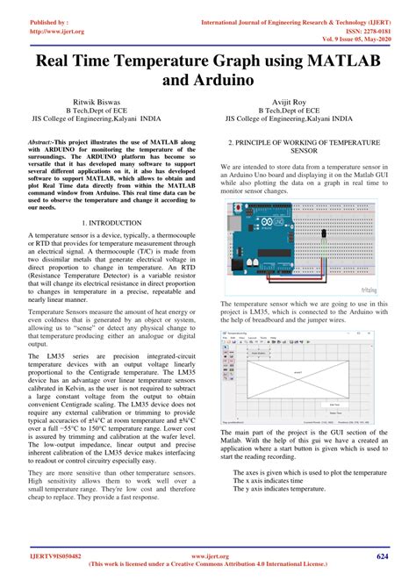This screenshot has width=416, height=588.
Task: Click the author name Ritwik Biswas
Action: [104, 101]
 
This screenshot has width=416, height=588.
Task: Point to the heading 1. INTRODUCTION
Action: [104, 225]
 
